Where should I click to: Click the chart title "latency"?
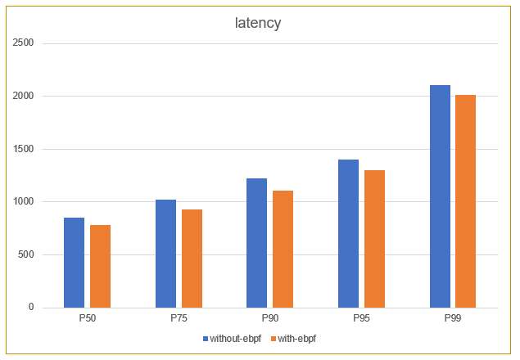click(x=258, y=23)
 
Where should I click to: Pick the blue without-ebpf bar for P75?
click(x=165, y=254)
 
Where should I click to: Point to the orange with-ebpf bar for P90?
click(x=283, y=249)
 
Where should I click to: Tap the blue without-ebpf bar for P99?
click(x=440, y=196)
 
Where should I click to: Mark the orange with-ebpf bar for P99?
click(x=466, y=201)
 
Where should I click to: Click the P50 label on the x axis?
click(x=88, y=317)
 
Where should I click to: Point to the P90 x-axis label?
click(x=270, y=317)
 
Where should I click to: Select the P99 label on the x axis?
click(x=453, y=317)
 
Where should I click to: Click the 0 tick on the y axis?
click(x=31, y=308)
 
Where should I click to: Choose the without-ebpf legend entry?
click(x=230, y=337)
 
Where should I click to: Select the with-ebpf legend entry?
click(x=295, y=337)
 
